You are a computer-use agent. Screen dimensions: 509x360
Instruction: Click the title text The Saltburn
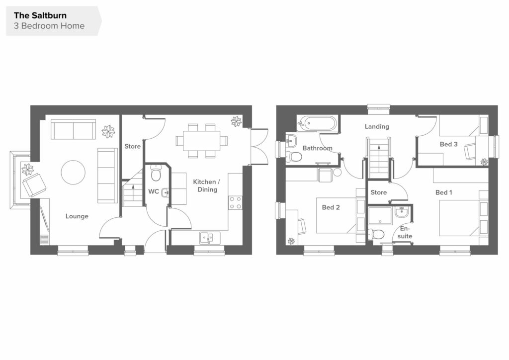point(40,15)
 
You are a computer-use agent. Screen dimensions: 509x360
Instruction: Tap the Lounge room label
point(77,216)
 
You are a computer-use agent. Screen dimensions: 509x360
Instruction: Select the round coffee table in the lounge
point(73,173)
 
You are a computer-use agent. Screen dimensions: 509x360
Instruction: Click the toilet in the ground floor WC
point(156,174)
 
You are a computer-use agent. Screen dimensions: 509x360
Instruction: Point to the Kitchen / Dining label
point(207,185)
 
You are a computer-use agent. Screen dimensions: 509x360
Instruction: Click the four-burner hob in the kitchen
point(235,202)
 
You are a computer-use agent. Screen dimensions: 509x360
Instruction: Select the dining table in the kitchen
point(202,141)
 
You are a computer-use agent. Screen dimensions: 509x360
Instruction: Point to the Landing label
point(377,127)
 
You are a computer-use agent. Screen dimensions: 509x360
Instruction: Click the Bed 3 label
point(449,144)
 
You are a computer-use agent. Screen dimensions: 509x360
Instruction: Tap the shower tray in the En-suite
point(380,216)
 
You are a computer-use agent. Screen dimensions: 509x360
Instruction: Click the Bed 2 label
point(331,207)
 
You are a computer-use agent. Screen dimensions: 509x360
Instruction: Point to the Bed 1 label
point(444,192)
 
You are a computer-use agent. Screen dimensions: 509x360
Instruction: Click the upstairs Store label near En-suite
point(378,192)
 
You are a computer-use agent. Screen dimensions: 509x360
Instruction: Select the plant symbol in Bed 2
point(291,241)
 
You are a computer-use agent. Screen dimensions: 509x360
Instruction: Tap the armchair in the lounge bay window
point(34,185)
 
